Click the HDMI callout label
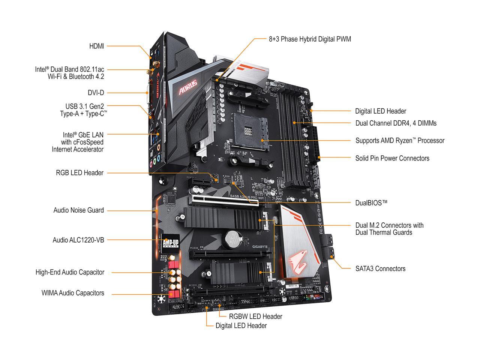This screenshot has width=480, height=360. tap(96, 46)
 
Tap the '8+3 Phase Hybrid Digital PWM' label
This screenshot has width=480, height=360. tap(310, 39)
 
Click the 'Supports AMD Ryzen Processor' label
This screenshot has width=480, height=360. tap(399, 141)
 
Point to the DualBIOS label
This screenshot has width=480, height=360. tap(371, 203)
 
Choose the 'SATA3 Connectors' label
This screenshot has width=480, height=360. tap(380, 268)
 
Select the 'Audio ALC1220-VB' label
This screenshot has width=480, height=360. tap(78, 240)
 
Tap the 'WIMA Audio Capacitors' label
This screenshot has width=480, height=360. tap(73, 293)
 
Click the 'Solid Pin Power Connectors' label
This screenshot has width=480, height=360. tap(392, 158)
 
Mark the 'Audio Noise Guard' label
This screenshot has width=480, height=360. tap(78, 210)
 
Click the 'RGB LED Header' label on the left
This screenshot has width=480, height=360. tap(79, 173)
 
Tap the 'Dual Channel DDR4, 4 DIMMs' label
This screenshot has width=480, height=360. tap(396, 123)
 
